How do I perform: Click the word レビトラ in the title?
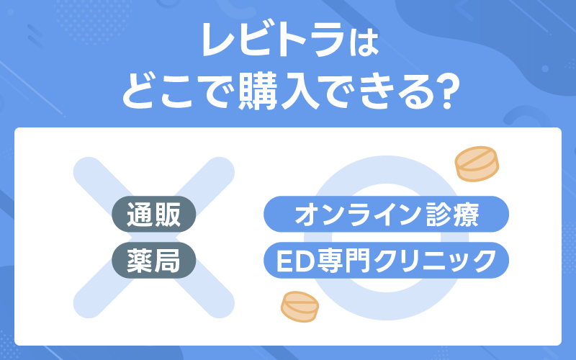273,40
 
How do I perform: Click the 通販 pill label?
153,214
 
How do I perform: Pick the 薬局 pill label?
153,260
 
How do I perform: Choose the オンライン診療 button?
386,214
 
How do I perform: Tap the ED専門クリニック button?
386,260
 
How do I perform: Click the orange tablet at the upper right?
477,164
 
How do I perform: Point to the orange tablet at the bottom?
300,307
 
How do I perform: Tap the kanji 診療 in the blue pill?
453,215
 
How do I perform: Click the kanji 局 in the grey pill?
167,261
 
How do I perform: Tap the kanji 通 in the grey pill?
140,215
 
